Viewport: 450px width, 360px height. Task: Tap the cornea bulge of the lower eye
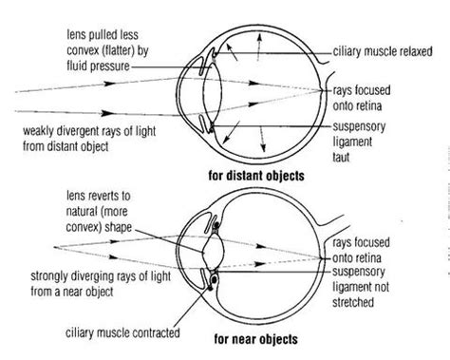(x=205, y=249)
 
